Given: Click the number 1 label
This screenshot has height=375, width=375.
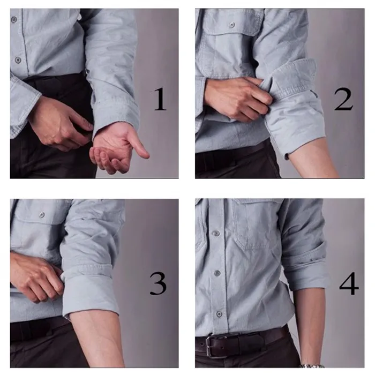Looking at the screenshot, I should coord(160,99).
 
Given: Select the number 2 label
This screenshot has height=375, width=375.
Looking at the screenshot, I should coord(343,99).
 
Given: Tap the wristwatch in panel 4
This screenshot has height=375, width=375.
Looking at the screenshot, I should coord(311,366).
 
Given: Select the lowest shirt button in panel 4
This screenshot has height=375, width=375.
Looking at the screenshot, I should coord(219,313).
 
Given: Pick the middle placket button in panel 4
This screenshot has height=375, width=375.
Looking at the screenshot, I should coord(216,273).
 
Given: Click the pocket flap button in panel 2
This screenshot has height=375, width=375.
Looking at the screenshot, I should coord(231,25).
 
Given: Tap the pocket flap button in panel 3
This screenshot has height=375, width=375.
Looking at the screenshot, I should coord(41,215).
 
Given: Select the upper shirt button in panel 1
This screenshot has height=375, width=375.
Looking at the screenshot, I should coord(14,19).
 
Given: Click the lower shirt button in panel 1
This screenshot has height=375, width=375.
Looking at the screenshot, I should coord(18,60).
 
